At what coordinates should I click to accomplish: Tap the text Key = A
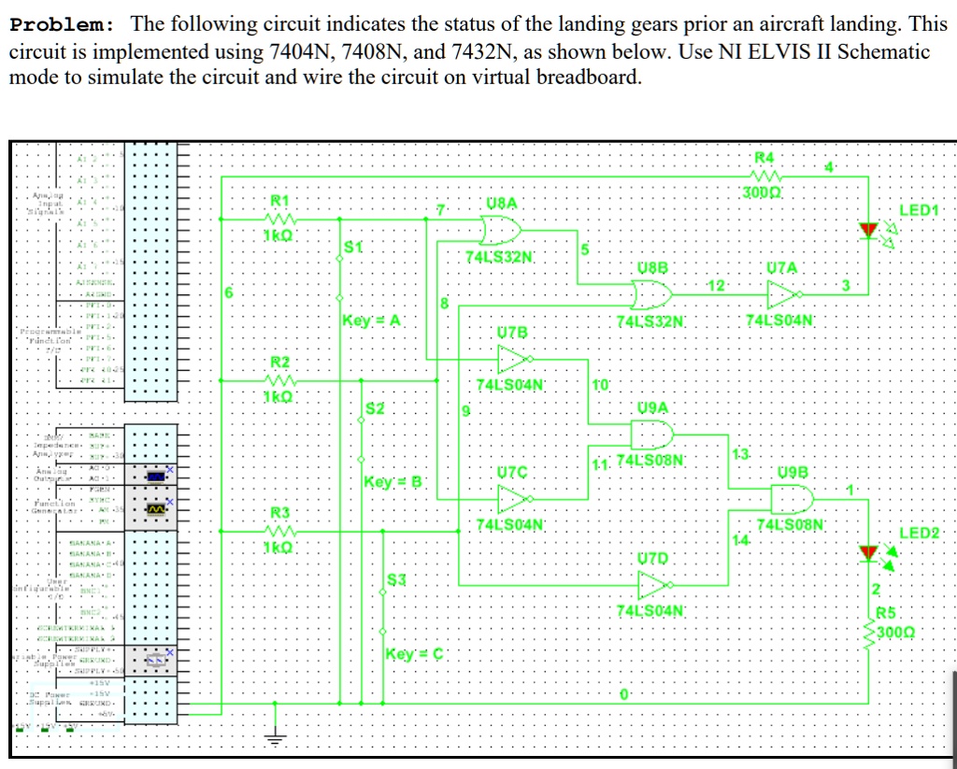[x=372, y=320]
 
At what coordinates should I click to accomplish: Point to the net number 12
[x=716, y=284]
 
